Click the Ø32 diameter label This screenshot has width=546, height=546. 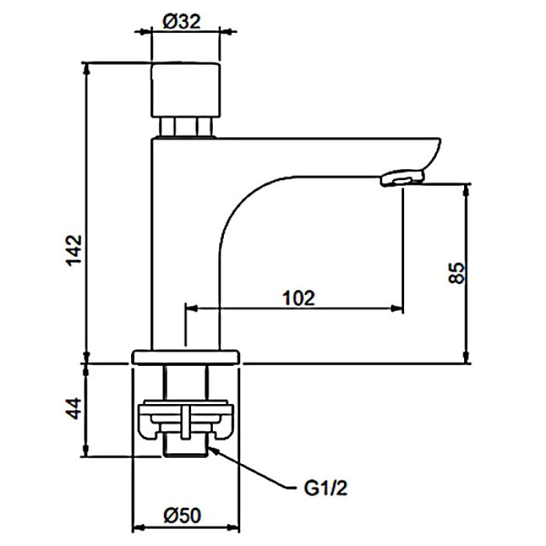(181, 22)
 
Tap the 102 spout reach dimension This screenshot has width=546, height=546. (298, 298)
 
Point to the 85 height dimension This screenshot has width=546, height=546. (457, 273)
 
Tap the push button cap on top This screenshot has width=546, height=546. (186, 89)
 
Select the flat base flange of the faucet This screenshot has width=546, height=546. (186, 356)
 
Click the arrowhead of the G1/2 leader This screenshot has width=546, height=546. (212, 450)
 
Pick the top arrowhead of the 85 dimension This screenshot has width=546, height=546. (468, 188)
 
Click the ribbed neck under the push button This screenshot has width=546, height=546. (186, 126)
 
